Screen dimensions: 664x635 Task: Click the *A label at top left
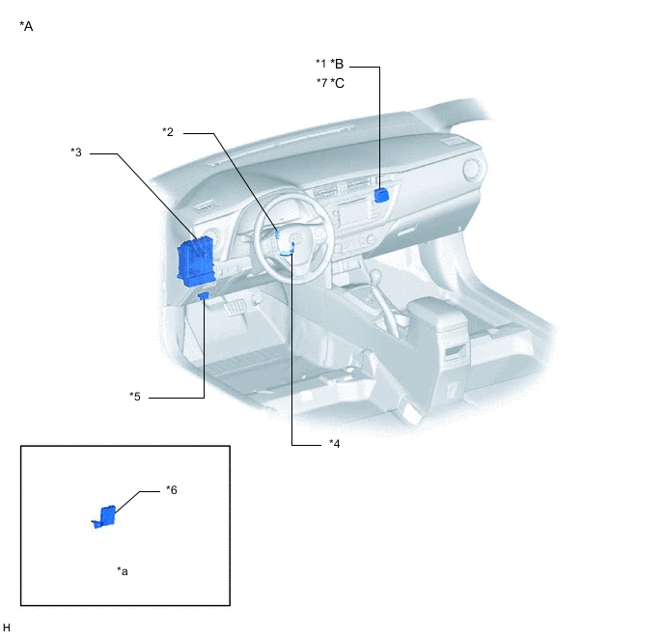26,26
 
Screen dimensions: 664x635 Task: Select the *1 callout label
321,64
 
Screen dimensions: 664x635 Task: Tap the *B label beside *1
337,64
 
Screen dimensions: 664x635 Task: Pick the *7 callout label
321,83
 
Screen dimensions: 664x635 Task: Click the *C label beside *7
338,83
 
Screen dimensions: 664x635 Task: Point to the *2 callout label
168,132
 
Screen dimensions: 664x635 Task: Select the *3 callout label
76,152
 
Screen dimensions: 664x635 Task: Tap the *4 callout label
335,444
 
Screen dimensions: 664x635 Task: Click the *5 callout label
135,397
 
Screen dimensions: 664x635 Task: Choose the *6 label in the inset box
172,490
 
